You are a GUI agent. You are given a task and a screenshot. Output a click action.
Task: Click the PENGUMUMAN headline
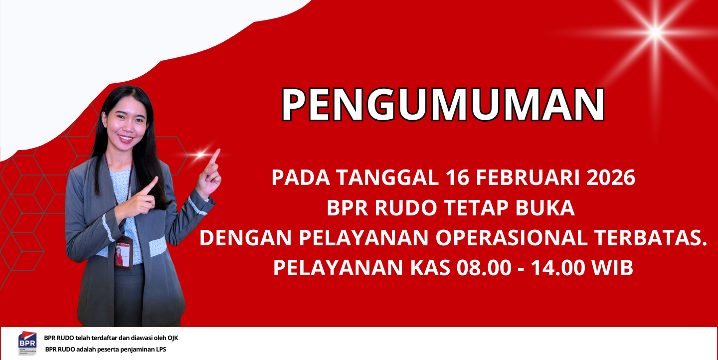click(x=443, y=104)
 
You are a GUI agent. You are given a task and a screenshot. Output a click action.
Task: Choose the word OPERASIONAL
click(x=511, y=238)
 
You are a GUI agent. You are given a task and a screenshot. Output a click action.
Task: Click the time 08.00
click(x=484, y=268)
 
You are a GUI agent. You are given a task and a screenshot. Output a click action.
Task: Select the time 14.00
click(x=558, y=268)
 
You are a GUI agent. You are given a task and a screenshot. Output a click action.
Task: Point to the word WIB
click(x=612, y=268)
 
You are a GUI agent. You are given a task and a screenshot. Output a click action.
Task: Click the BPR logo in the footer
click(x=27, y=343)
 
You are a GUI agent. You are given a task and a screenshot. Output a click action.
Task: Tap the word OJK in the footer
click(x=173, y=338)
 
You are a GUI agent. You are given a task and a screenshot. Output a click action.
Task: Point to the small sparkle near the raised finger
click(x=201, y=155)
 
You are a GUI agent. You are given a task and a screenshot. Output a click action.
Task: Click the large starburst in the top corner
click(x=656, y=32)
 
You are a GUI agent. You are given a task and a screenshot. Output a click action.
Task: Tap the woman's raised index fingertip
click(x=218, y=151)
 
